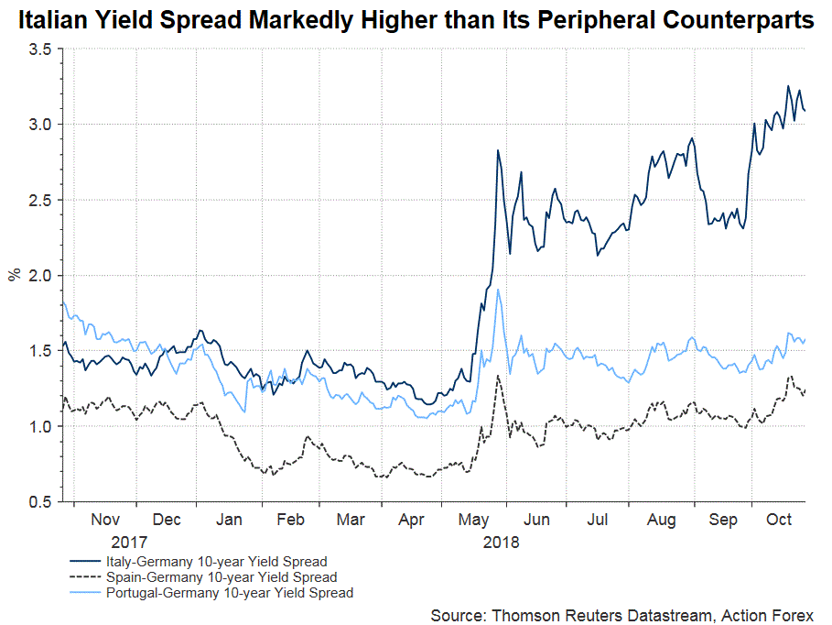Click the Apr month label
pos(412,520)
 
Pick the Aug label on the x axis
pos(661,520)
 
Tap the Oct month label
pos(779,520)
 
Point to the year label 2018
pos(500,542)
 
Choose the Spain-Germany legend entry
pos(221,577)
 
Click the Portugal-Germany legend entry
pos(229,593)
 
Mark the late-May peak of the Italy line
pos(497,150)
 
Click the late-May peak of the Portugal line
pos(497,290)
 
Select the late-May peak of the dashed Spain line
pos(497,376)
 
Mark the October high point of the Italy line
pos(788,86)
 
